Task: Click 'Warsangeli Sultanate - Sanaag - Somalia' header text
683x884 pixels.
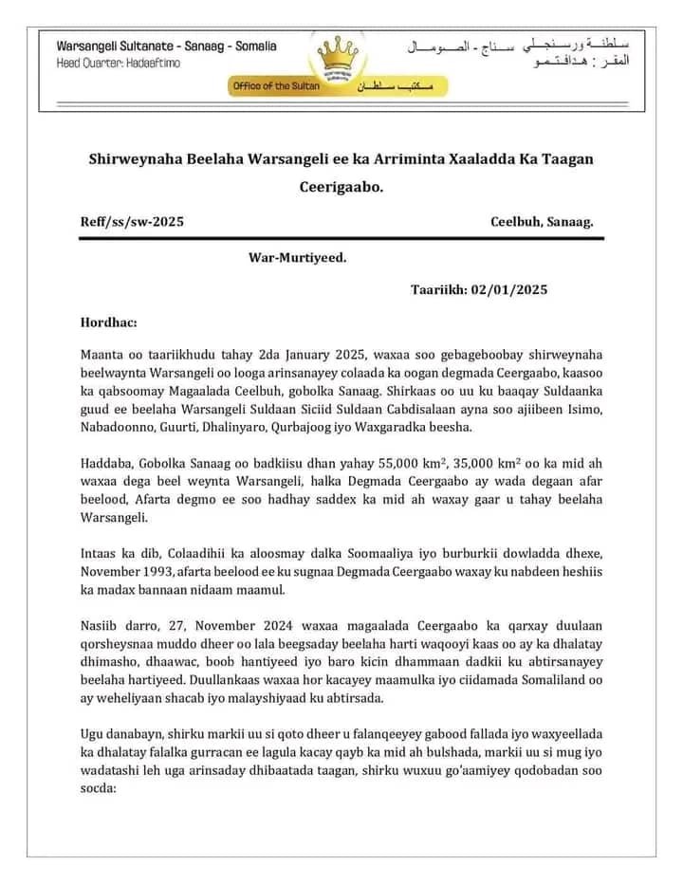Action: [167, 46]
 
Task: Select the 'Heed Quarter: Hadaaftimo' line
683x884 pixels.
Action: [118, 63]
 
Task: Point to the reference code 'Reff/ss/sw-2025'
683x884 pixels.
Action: [132, 222]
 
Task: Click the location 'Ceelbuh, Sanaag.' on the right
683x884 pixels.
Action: [542, 222]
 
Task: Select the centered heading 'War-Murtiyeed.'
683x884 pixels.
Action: [297, 256]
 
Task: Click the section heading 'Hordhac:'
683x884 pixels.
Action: [109, 322]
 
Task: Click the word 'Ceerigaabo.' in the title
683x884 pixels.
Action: [341, 187]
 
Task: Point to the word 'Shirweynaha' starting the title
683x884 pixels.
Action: [132, 157]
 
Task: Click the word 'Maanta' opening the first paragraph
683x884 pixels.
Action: [103, 355]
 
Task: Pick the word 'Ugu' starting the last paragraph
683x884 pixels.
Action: [94, 735]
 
